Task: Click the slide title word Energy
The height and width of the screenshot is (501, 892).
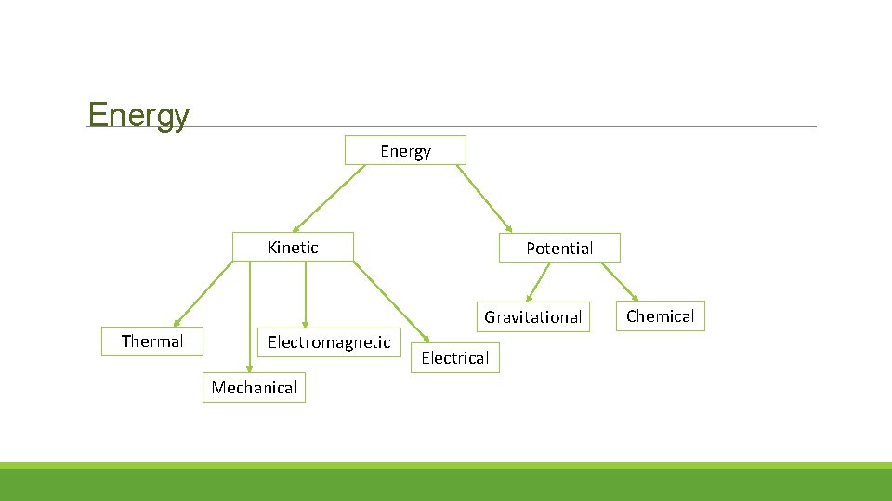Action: (138, 115)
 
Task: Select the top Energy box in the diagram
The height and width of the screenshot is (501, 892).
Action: (405, 150)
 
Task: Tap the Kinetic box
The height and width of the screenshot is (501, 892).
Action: (293, 247)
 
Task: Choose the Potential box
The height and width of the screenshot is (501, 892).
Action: (558, 248)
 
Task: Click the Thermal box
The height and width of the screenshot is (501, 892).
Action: (152, 341)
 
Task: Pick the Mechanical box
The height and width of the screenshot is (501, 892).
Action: (254, 388)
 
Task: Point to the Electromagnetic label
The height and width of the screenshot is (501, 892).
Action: (329, 342)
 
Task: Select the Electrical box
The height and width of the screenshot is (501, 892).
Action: (454, 357)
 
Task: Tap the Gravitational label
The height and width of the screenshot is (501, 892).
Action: (532, 317)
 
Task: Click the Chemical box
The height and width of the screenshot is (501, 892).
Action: (660, 316)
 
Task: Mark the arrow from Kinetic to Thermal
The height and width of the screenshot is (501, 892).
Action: (203, 294)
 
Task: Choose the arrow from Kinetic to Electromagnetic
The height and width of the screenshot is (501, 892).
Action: (305, 294)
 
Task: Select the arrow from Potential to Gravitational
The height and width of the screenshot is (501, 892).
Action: (540, 281)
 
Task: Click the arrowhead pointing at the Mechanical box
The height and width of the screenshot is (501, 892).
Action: (248, 369)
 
